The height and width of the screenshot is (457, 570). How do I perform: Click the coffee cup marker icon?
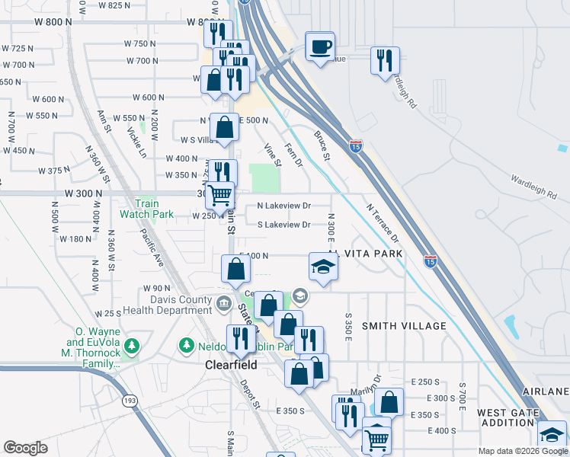320,46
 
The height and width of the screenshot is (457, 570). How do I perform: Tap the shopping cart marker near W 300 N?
220,195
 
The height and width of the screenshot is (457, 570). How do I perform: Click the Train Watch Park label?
147,209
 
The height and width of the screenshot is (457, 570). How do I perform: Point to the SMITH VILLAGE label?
404,326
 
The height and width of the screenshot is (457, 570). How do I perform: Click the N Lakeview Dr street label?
283,206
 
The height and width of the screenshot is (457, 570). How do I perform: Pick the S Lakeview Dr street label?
283,225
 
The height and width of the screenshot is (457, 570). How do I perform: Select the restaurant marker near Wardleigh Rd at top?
385,60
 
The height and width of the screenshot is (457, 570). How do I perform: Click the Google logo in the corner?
25,448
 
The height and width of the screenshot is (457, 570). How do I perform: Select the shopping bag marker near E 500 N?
224,128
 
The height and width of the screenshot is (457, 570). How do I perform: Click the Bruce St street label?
322,146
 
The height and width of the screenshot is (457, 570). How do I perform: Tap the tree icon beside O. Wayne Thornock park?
133,347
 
